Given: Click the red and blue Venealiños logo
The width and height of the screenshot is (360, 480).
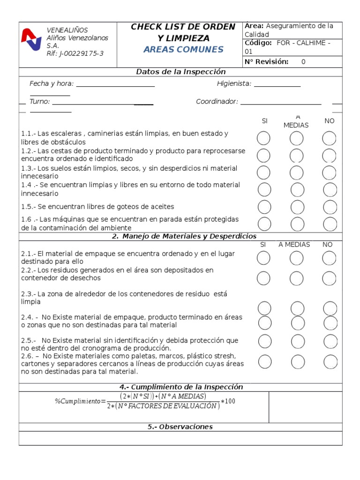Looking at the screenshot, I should [x=31, y=39].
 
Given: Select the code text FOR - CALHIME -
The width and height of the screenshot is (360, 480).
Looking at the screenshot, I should [x=304, y=43].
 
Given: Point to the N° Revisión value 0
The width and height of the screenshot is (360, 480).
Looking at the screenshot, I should [x=303, y=62].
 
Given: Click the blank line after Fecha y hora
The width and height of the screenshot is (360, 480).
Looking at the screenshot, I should [x=115, y=84].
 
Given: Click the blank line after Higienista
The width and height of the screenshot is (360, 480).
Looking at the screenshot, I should [x=277, y=84].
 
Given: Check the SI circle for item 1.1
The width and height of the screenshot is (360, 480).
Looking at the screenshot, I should [x=264, y=138].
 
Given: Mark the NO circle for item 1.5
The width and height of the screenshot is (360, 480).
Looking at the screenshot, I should [x=330, y=207].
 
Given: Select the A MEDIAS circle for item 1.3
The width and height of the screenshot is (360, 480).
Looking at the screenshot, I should [x=296, y=172].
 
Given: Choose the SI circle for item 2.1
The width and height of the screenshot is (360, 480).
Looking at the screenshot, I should [x=263, y=258].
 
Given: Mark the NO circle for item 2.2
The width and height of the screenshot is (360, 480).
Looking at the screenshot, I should [x=330, y=278].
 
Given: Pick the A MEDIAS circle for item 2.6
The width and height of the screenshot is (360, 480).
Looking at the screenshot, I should [x=297, y=361].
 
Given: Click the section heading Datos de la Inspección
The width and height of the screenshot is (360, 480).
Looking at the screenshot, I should [x=180, y=72].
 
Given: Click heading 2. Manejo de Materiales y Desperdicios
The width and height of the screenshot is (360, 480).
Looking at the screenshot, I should [x=184, y=236].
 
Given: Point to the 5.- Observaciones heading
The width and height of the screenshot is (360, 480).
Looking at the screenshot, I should [x=180, y=427].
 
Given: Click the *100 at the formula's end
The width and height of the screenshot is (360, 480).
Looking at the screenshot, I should [x=228, y=402].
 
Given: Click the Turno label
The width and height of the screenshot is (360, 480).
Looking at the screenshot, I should [x=39, y=102].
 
